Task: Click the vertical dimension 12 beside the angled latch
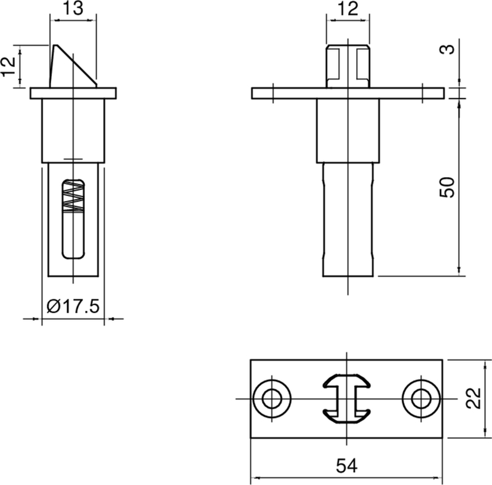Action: (8, 66)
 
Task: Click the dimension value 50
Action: (449, 186)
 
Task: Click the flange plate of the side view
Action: (74, 93)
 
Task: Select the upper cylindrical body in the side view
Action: (74, 129)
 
